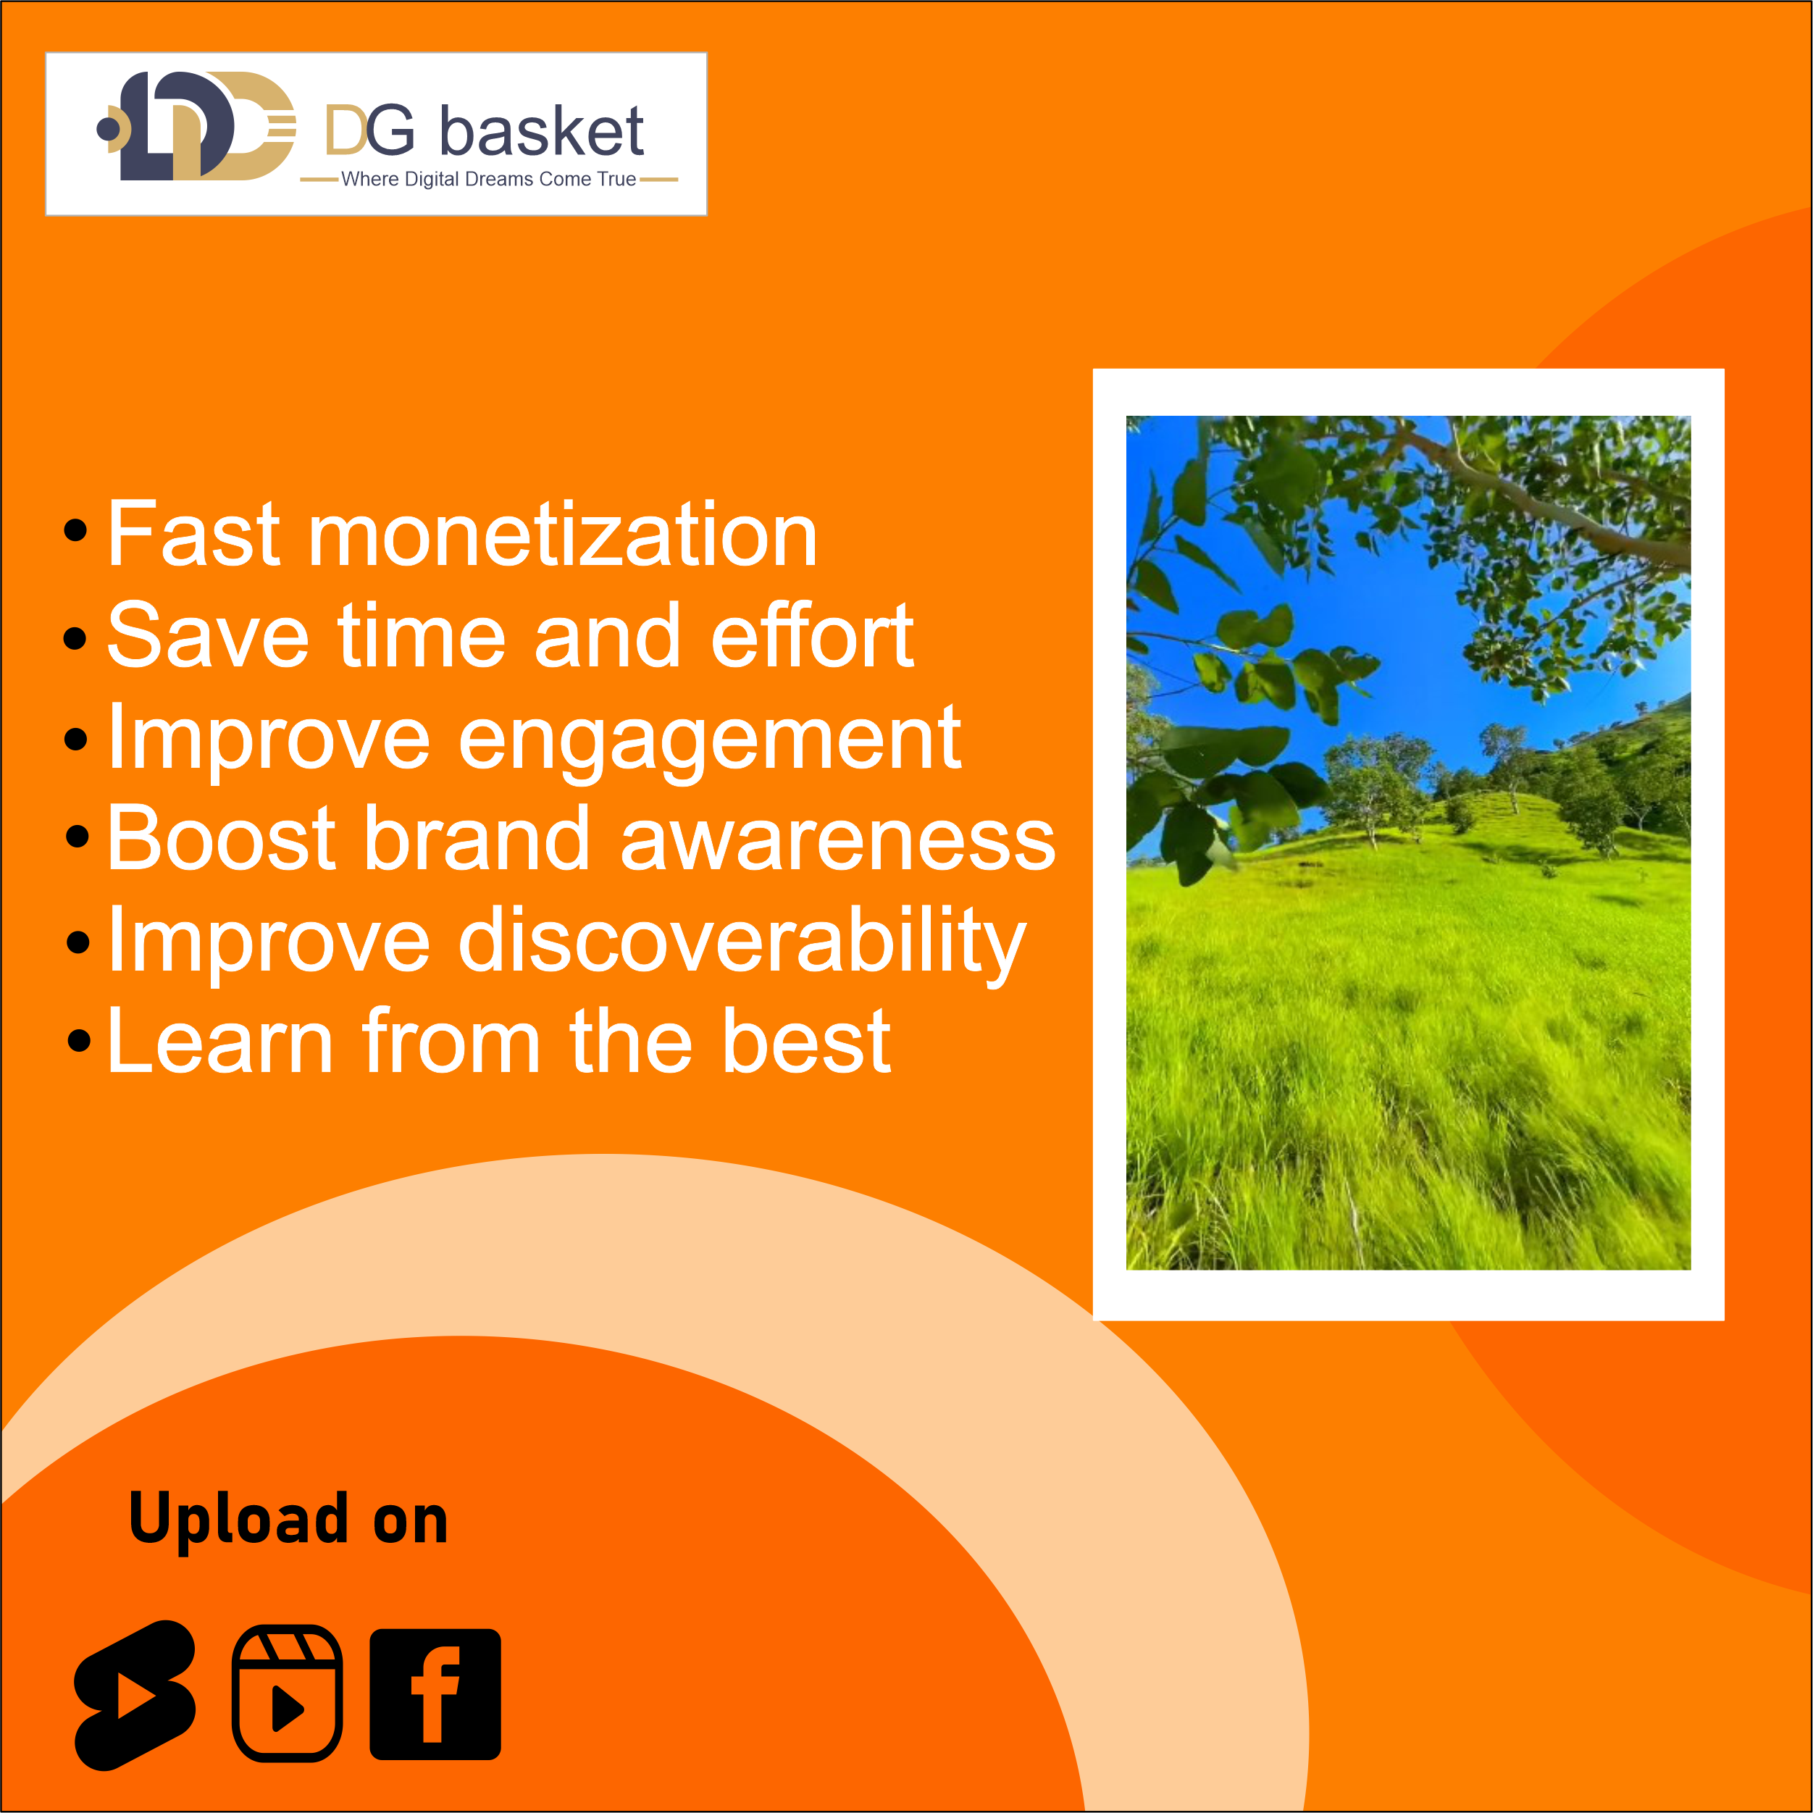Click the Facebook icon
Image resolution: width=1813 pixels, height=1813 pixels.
(435, 1693)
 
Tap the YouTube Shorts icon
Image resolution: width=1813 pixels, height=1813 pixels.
(136, 1695)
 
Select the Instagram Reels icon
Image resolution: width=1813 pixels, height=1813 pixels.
(287, 1693)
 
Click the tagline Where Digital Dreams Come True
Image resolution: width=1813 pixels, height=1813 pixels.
(489, 179)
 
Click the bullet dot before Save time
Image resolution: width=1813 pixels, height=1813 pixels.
(75, 638)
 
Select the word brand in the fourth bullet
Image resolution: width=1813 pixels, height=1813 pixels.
(477, 838)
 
